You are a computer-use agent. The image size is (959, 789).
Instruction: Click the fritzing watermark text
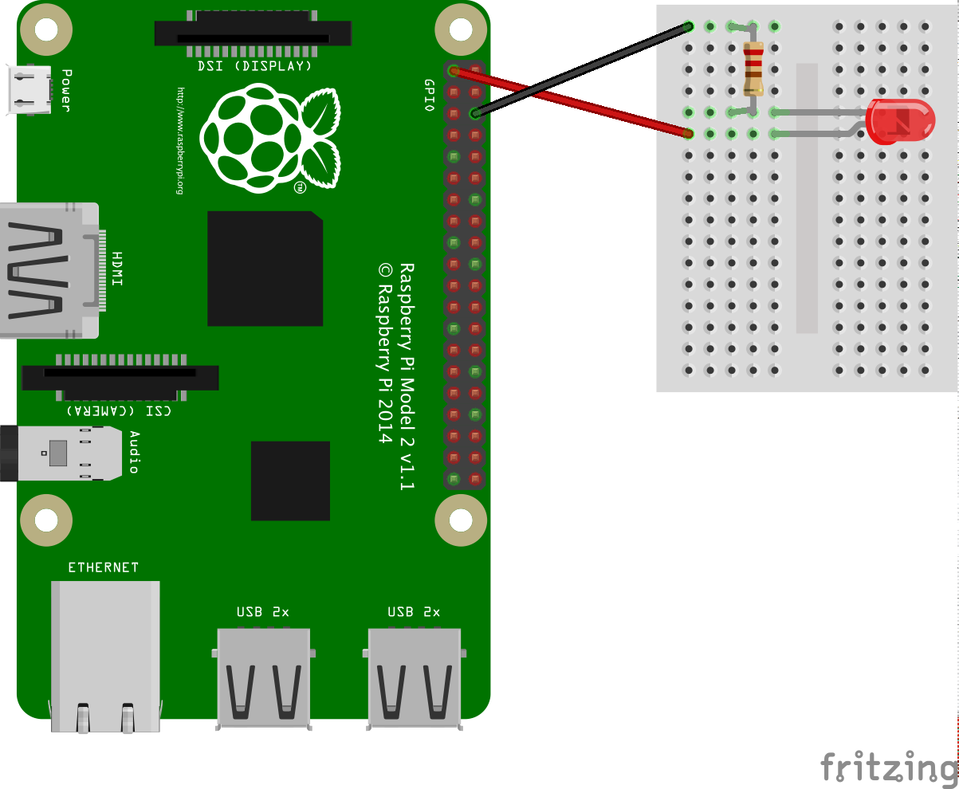pyautogui.click(x=888, y=767)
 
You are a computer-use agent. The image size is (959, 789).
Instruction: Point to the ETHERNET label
pyautogui.click(x=103, y=567)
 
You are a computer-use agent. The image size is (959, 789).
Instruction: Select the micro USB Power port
pyautogui.click(x=28, y=88)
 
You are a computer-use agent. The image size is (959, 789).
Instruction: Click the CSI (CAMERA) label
pyautogui.click(x=119, y=410)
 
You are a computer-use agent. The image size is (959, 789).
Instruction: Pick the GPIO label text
pyautogui.click(x=429, y=96)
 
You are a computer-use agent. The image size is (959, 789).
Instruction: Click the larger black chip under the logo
pyautogui.click(x=265, y=269)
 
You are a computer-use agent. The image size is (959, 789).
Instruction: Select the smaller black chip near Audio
pyautogui.click(x=290, y=481)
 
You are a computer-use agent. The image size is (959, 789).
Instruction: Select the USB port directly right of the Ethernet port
pyautogui.click(x=263, y=677)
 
